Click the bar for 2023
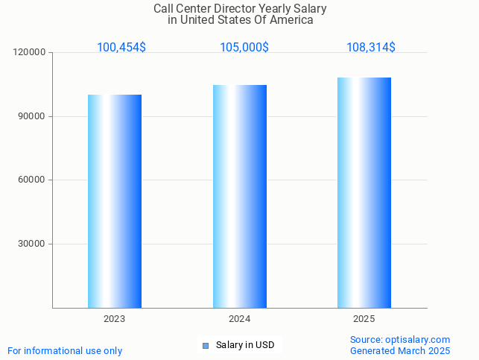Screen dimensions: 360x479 115,201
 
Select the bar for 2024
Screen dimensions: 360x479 240,196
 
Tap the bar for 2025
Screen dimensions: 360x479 364,192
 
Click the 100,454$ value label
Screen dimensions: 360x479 121,47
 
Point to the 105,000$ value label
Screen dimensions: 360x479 244,47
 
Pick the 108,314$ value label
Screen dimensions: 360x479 371,47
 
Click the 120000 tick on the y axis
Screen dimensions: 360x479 30,53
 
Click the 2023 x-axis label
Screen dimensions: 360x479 115,318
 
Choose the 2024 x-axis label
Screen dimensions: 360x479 240,318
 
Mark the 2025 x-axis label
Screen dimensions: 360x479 364,318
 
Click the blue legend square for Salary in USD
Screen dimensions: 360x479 206,345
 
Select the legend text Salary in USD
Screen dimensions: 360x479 245,345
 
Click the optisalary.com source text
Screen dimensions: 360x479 400,340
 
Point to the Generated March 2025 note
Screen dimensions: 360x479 400,350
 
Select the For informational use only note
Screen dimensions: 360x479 65,350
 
